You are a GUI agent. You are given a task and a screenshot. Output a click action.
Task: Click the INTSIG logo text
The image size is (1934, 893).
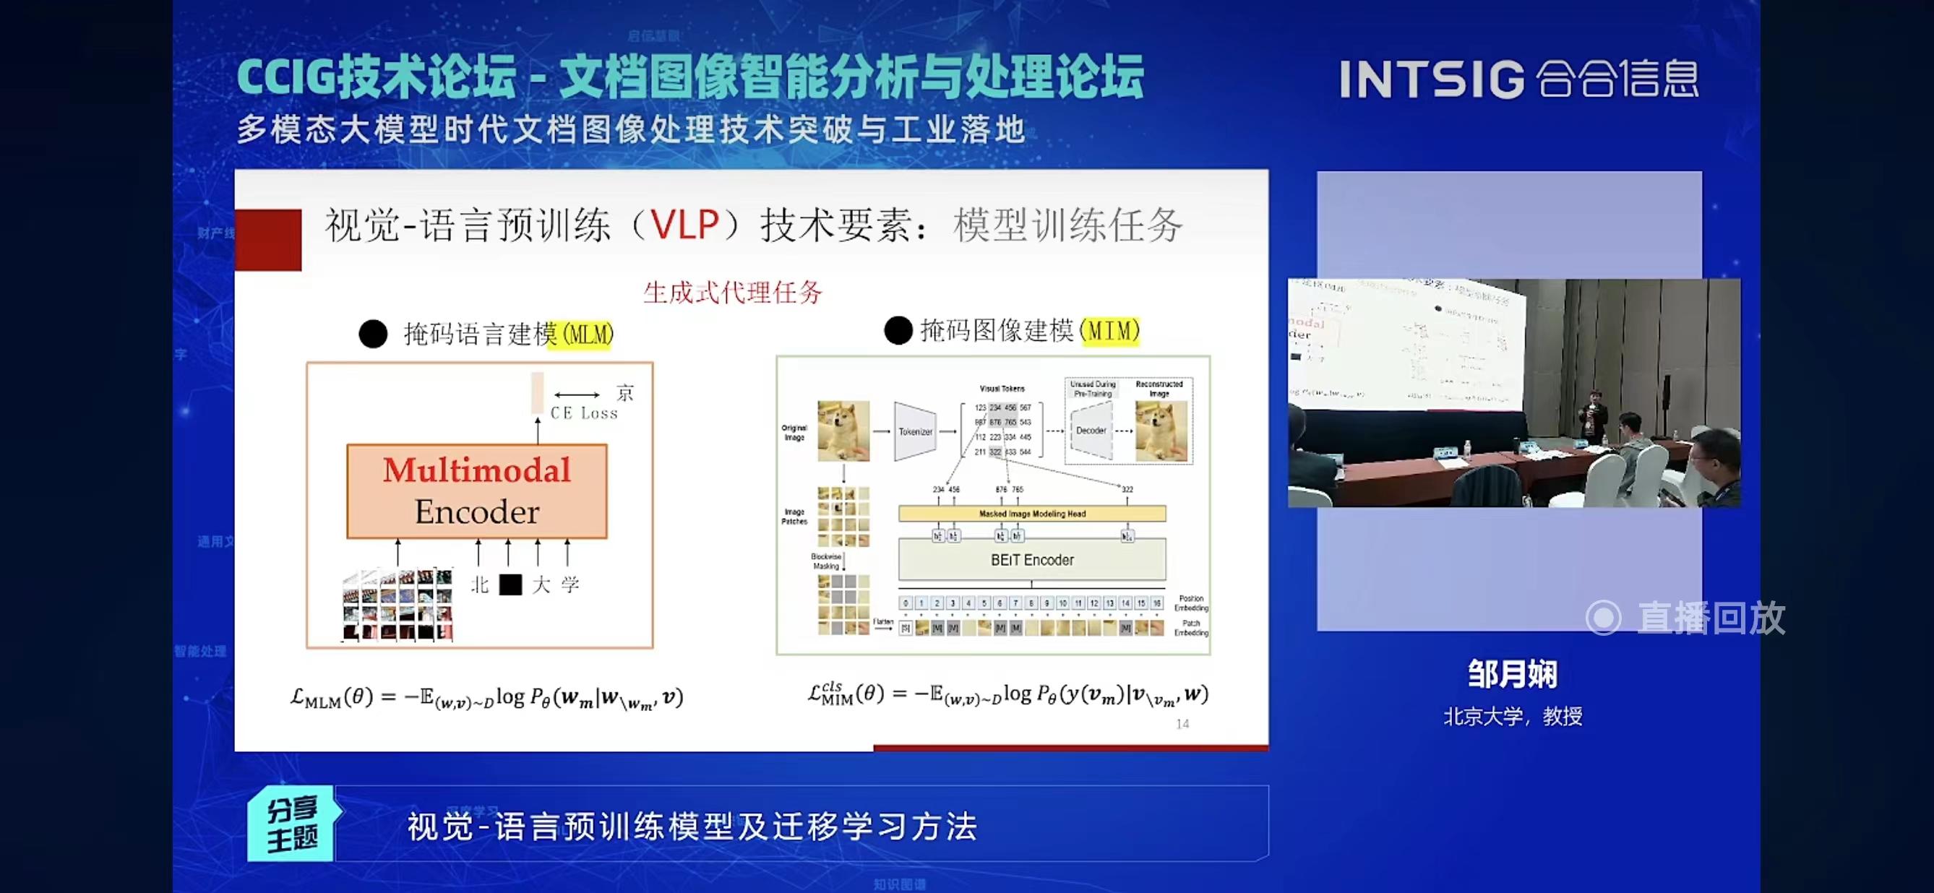tap(1431, 79)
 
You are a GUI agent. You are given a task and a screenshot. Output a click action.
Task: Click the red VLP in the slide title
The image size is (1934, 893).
tap(684, 225)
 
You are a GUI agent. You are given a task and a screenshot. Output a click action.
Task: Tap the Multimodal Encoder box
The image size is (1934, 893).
tap(477, 491)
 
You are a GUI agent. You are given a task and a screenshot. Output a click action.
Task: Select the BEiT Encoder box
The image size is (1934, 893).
tap(1031, 560)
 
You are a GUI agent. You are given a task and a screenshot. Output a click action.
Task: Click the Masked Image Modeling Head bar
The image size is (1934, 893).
tap(1031, 514)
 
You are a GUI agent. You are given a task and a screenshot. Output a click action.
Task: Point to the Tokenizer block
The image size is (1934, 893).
tap(915, 431)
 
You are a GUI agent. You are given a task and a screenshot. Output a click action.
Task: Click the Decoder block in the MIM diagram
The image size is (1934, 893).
tap(1091, 431)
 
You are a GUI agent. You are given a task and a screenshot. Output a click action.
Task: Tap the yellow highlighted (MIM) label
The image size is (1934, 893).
tap(1109, 330)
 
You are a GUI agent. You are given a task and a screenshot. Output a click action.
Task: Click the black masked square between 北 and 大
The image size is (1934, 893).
tap(510, 584)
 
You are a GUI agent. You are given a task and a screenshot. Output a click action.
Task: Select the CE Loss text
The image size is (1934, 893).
tap(583, 413)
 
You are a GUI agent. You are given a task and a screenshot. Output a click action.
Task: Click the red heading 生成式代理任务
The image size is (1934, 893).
tap(732, 292)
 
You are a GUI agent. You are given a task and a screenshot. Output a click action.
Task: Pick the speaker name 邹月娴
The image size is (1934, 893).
tap(1512, 674)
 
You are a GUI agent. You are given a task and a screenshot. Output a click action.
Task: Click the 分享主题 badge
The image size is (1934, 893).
tap(293, 824)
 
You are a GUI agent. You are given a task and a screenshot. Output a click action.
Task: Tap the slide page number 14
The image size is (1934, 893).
tap(1182, 724)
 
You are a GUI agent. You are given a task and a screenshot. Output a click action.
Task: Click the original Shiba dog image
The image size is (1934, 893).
tap(843, 431)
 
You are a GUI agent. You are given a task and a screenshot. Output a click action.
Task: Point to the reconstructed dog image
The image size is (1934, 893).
tap(1161, 431)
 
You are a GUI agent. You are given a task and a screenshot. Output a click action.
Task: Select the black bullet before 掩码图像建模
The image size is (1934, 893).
tap(898, 330)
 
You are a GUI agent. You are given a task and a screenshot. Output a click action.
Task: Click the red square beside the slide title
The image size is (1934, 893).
tap(269, 239)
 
